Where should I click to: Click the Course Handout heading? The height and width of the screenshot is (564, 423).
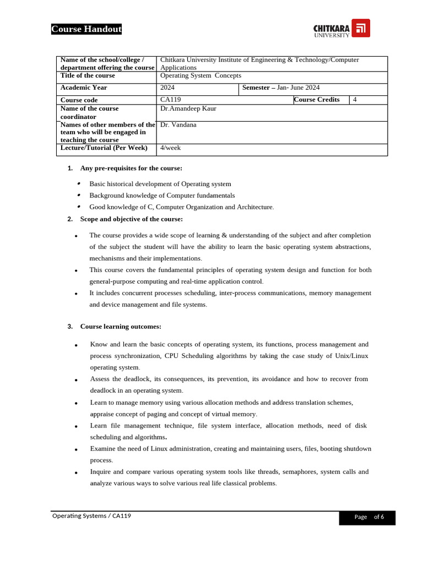click(86, 29)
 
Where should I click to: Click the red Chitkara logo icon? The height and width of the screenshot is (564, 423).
click(361, 28)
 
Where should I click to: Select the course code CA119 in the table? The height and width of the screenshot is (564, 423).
click(170, 100)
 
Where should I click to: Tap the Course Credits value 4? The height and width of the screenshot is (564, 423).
click(355, 100)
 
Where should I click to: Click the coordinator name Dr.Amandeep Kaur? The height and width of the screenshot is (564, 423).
click(188, 109)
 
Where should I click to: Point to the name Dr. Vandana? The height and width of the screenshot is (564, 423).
click(178, 124)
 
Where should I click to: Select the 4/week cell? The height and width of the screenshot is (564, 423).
click(170, 148)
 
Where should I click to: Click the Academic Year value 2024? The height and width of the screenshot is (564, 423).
click(167, 88)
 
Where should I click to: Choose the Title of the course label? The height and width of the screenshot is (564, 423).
click(88, 75)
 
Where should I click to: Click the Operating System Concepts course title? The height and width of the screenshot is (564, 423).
click(200, 75)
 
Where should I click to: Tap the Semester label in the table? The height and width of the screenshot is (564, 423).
click(257, 88)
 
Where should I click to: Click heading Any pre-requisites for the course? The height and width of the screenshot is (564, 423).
click(131, 168)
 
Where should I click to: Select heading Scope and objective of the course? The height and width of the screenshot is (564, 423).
click(131, 219)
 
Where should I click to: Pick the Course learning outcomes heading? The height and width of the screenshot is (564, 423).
click(121, 326)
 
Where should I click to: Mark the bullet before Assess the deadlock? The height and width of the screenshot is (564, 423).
click(76, 380)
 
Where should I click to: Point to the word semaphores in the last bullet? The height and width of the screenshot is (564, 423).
click(297, 471)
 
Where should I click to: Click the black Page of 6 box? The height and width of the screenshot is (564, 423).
click(367, 517)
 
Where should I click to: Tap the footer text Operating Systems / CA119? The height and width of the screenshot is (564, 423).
click(91, 516)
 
